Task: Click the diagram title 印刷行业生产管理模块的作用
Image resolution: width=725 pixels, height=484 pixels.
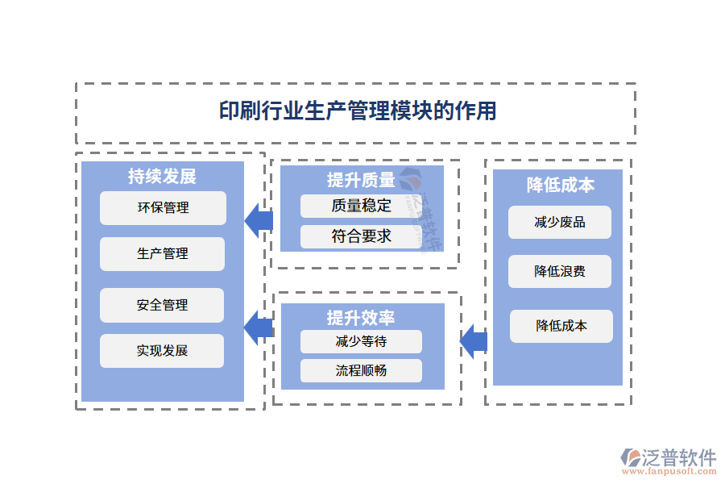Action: click(x=358, y=111)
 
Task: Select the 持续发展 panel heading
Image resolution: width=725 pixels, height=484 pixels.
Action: click(x=162, y=176)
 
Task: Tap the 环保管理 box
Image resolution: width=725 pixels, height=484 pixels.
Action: click(x=163, y=208)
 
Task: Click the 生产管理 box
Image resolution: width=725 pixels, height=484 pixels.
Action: click(x=163, y=254)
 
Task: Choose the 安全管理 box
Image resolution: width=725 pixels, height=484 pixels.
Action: click(x=163, y=305)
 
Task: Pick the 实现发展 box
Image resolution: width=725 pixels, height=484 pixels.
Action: click(x=163, y=351)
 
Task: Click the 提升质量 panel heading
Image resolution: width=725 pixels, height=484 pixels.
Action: click(x=360, y=180)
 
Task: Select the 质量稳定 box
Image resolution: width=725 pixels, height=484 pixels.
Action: click(x=361, y=206)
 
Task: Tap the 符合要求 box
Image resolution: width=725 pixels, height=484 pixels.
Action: click(x=361, y=236)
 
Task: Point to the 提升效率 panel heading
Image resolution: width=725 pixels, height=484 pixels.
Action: click(x=360, y=316)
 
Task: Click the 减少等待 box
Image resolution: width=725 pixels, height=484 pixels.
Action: click(x=361, y=341)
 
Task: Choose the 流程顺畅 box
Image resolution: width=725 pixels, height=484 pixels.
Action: click(x=361, y=370)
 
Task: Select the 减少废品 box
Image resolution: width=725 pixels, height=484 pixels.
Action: click(x=560, y=223)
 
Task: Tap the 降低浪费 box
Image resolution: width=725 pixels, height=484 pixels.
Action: click(x=560, y=272)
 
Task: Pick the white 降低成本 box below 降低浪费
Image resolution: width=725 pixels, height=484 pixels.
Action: click(x=561, y=326)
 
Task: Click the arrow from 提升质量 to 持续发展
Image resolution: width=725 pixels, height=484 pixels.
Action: click(x=258, y=220)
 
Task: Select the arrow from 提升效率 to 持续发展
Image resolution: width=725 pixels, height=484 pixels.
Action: click(x=258, y=327)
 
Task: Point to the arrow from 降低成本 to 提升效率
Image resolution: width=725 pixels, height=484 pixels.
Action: click(x=474, y=342)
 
